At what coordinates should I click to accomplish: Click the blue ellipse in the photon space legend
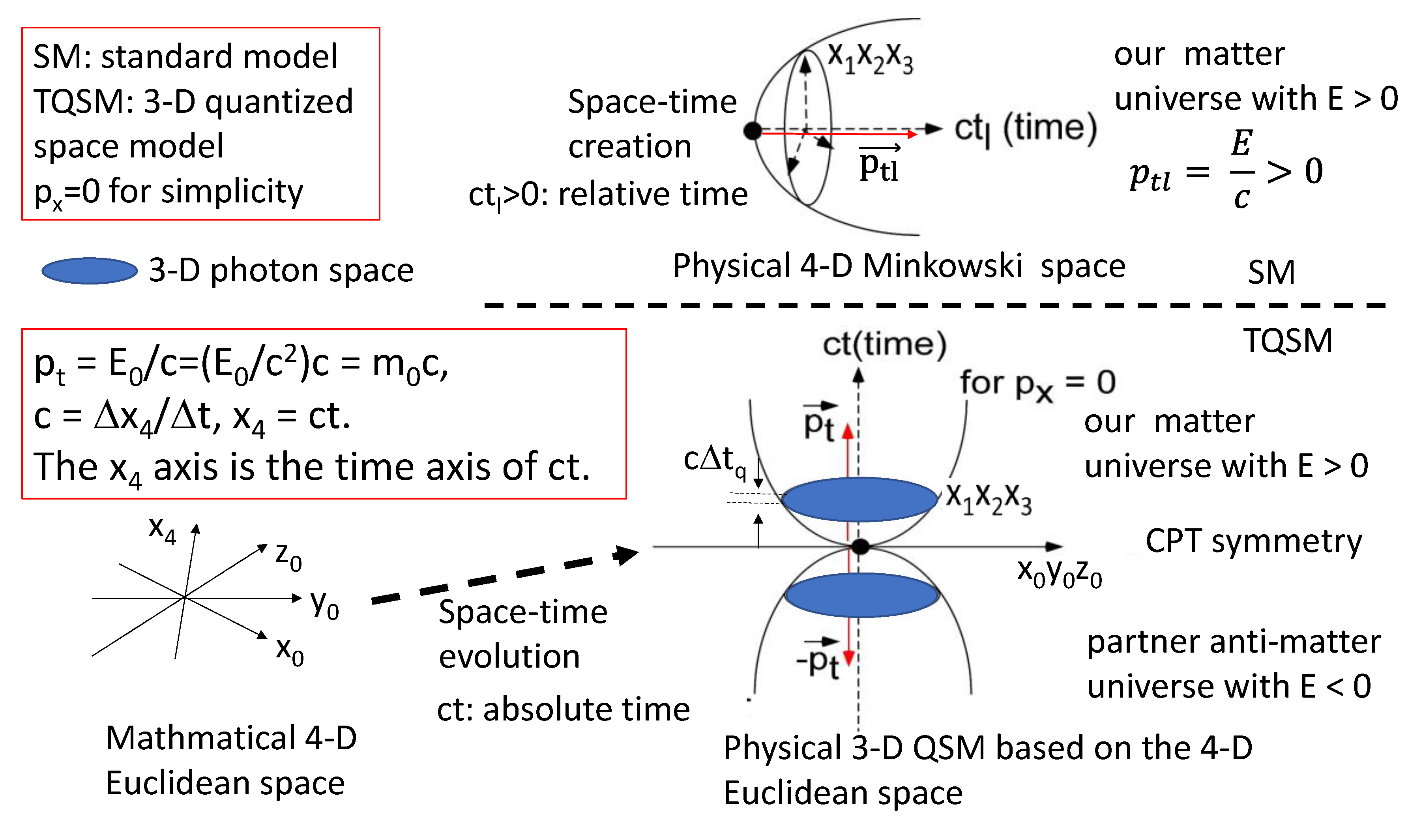[89, 271]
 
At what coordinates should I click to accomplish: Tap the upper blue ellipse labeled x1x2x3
[859, 499]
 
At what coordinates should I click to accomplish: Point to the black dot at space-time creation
[753, 131]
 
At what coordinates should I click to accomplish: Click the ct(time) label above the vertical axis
[884, 344]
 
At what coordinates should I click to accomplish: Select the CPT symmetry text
[1254, 541]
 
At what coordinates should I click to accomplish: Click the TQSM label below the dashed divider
[1288, 341]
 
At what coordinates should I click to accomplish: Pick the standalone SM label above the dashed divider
[1271, 272]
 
